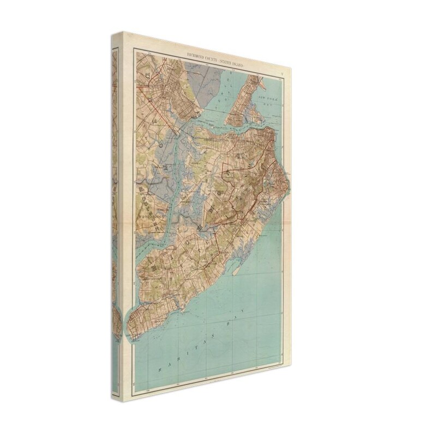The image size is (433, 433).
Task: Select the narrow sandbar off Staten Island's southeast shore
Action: click(x=235, y=267)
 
